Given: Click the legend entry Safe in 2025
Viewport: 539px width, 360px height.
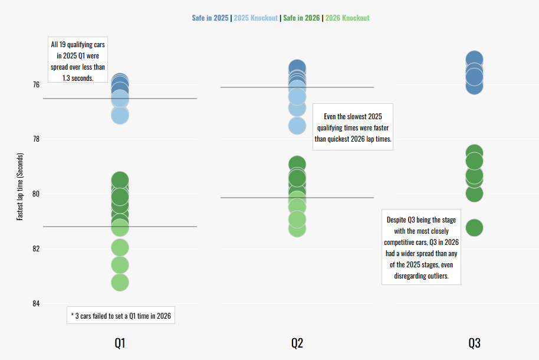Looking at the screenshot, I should tap(210, 18).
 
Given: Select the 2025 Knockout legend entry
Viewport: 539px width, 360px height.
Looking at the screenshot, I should tap(256, 18).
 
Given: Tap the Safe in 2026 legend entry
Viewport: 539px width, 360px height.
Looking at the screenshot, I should tap(301, 18).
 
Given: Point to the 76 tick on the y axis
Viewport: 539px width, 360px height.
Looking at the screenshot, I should tap(36, 84).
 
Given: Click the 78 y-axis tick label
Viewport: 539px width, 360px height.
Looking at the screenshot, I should tap(36, 139).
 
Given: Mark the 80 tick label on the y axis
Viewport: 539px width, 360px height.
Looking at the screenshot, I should tap(36, 194).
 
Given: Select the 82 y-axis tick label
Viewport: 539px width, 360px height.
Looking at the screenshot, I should tap(36, 248).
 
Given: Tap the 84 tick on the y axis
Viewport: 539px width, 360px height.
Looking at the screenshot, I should tap(36, 303).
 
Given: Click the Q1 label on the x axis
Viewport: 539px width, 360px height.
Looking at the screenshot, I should tap(120, 343).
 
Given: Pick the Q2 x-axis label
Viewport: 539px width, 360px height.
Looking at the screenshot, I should tap(297, 343).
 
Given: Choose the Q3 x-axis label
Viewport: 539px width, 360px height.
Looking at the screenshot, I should tap(474, 343).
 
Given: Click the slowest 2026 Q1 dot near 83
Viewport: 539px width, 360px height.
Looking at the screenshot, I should tap(120, 282).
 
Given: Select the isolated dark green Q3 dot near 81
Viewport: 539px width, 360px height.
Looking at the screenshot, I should tap(474, 227).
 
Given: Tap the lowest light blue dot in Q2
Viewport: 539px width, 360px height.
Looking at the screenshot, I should tap(297, 125).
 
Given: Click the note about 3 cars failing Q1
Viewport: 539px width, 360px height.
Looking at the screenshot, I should tap(120, 316).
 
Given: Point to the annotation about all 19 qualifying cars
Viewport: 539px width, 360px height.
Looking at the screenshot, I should tap(78, 61).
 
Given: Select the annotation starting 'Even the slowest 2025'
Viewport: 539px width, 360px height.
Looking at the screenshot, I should tap(353, 127).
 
